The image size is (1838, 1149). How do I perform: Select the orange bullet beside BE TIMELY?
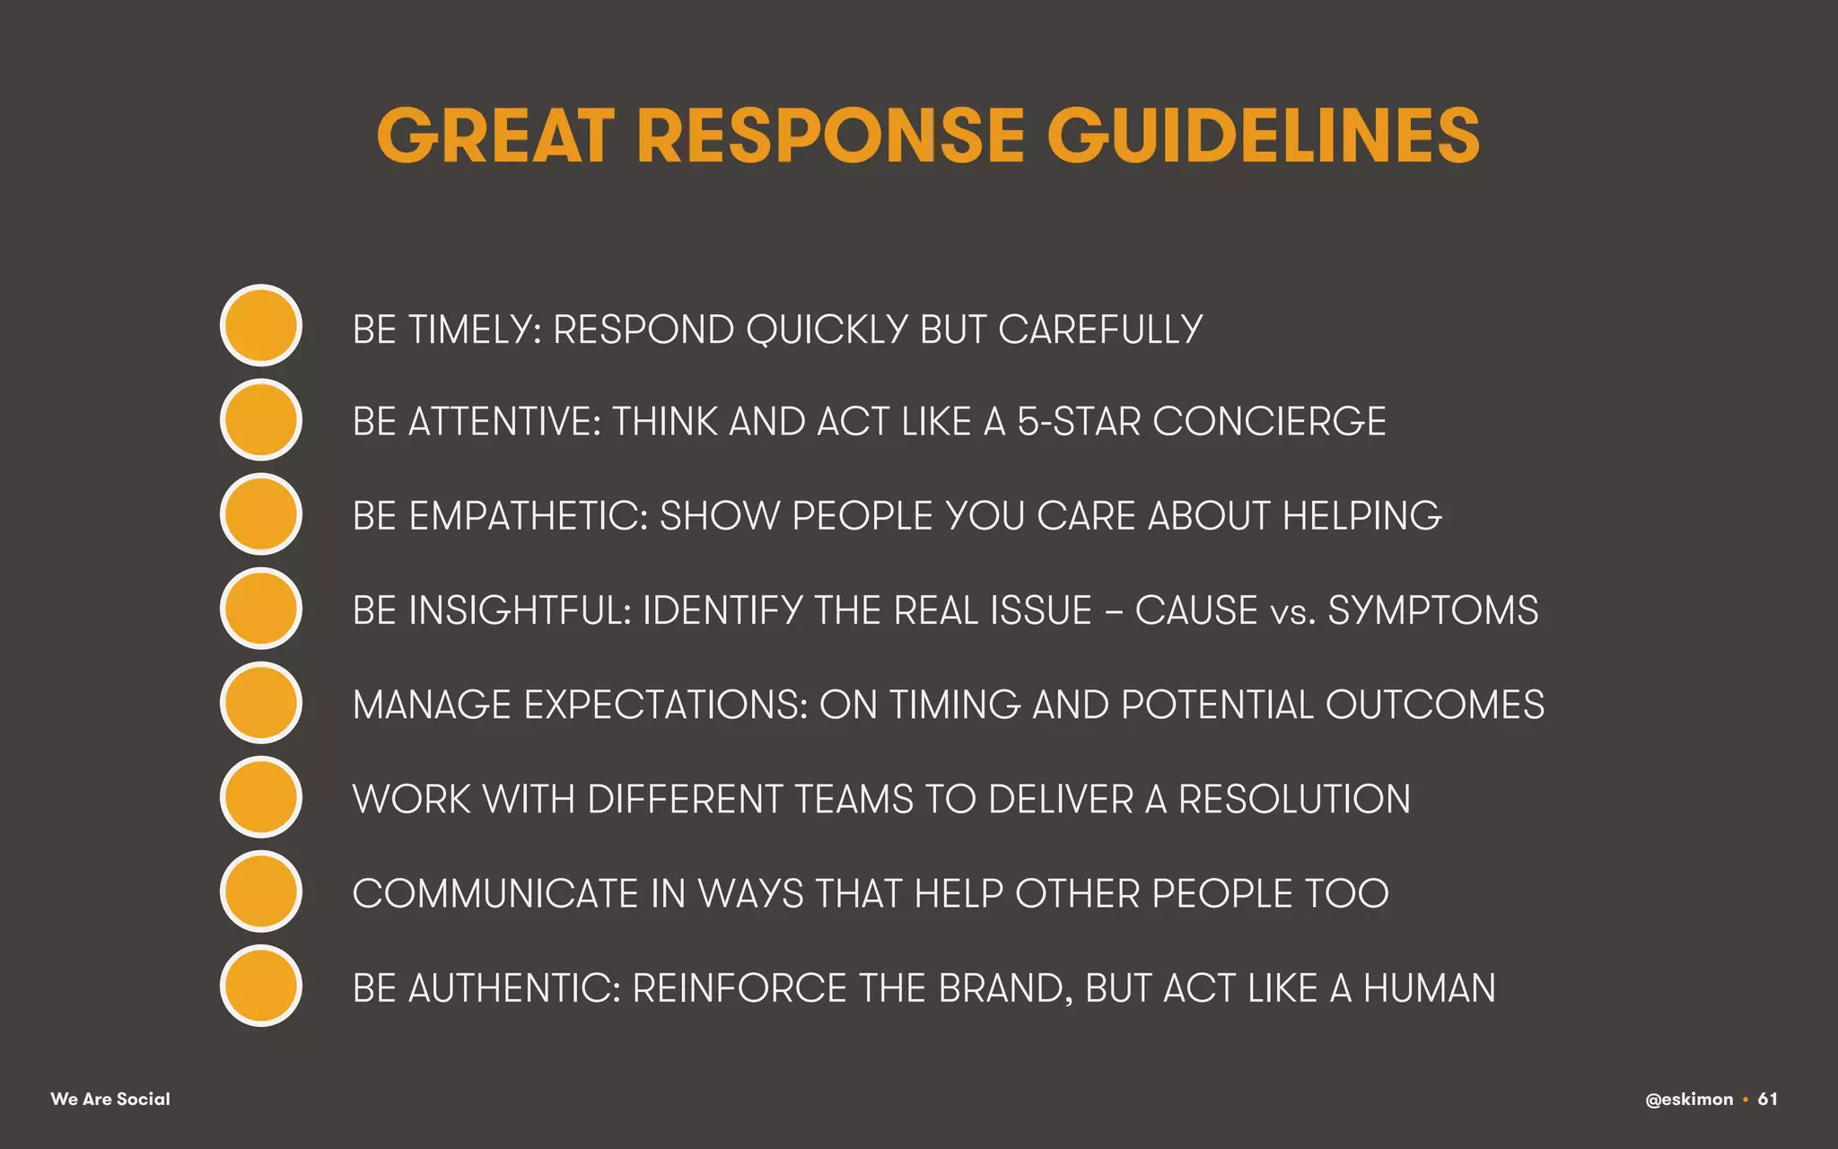(260, 325)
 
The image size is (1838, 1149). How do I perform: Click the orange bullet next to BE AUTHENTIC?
(260, 986)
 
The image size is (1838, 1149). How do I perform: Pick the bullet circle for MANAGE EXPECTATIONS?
(260, 703)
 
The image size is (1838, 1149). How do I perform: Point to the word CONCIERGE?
(1269, 422)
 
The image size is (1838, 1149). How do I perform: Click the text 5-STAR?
(1078, 422)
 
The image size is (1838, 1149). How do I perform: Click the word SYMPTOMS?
(1432, 610)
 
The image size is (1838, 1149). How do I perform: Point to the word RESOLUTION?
(1294, 799)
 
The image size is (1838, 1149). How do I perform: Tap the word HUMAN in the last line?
(1429, 988)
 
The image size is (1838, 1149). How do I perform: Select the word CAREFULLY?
(1100, 329)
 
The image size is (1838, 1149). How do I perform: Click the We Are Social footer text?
(110, 1099)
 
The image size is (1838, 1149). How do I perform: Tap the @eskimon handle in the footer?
(1689, 1100)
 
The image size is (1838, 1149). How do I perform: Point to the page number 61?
(1767, 1099)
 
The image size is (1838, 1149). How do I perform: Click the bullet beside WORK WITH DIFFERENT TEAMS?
(260, 797)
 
